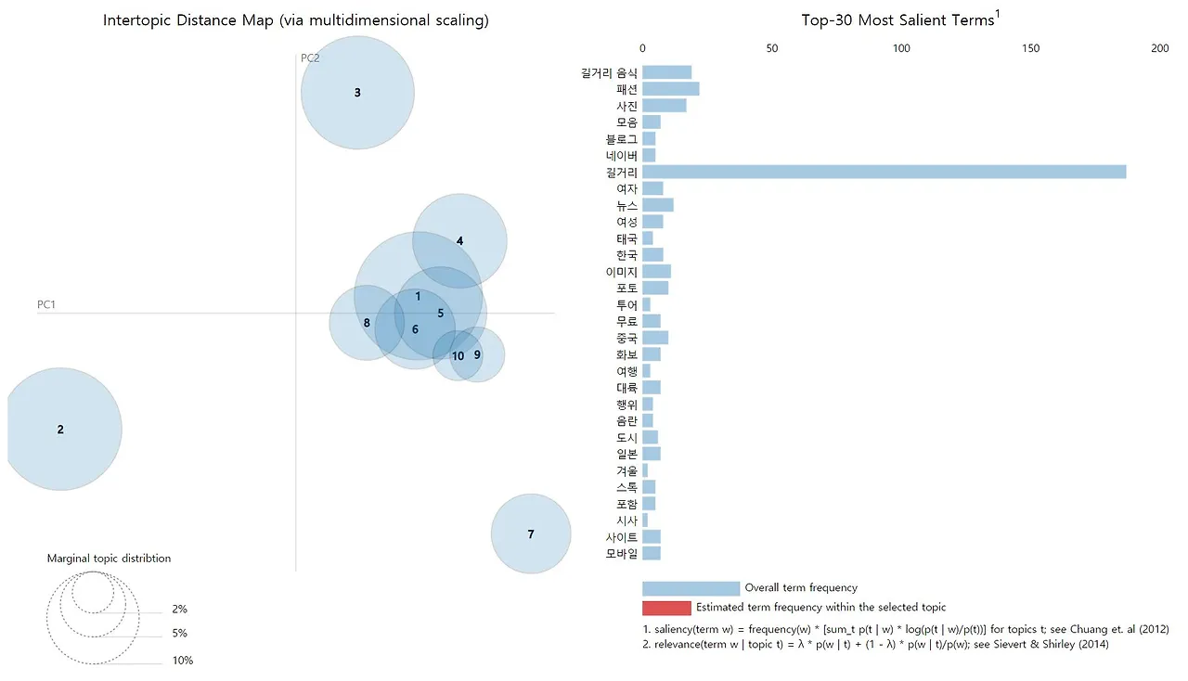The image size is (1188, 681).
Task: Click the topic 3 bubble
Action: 357,93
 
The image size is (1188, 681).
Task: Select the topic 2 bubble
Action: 61,430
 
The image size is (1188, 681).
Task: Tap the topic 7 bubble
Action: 531,533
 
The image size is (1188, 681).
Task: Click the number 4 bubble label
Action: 459,241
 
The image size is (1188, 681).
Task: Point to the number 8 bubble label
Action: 367,323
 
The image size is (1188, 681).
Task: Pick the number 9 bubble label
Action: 477,354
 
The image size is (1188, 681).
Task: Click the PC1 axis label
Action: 47,304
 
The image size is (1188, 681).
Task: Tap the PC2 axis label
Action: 310,58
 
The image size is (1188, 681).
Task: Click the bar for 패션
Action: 670,89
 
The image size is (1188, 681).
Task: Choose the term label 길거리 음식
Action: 609,72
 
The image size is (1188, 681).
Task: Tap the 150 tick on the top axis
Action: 1030,47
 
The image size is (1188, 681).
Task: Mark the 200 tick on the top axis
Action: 1159,47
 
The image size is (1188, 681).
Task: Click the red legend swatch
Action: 666,608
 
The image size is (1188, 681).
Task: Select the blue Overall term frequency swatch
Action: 691,588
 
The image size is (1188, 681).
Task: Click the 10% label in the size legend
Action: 182,661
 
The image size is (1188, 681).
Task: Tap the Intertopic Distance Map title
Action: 296,19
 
